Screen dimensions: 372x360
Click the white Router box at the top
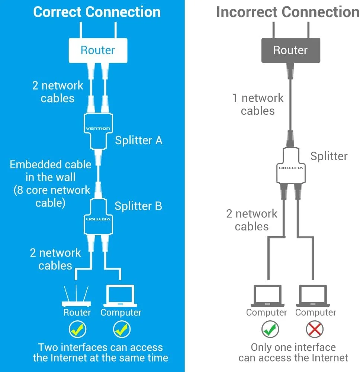(98, 50)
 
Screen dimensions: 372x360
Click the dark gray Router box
(290, 50)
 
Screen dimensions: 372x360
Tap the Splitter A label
(138, 140)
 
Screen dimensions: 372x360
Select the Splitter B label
(138, 206)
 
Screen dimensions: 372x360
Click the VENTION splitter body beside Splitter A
(98, 129)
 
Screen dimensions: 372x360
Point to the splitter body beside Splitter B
(98, 219)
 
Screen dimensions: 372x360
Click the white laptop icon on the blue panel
(120, 295)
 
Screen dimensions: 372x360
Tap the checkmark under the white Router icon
(77, 329)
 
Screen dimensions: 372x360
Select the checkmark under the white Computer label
(122, 329)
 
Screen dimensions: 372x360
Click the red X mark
(315, 329)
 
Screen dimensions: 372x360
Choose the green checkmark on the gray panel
(270, 329)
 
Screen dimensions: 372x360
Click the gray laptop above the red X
(315, 295)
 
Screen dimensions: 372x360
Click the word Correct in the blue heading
(57, 12)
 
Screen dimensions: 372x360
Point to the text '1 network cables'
(258, 104)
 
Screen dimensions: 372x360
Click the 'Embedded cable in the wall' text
(51, 171)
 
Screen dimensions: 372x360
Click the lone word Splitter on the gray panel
(329, 156)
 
